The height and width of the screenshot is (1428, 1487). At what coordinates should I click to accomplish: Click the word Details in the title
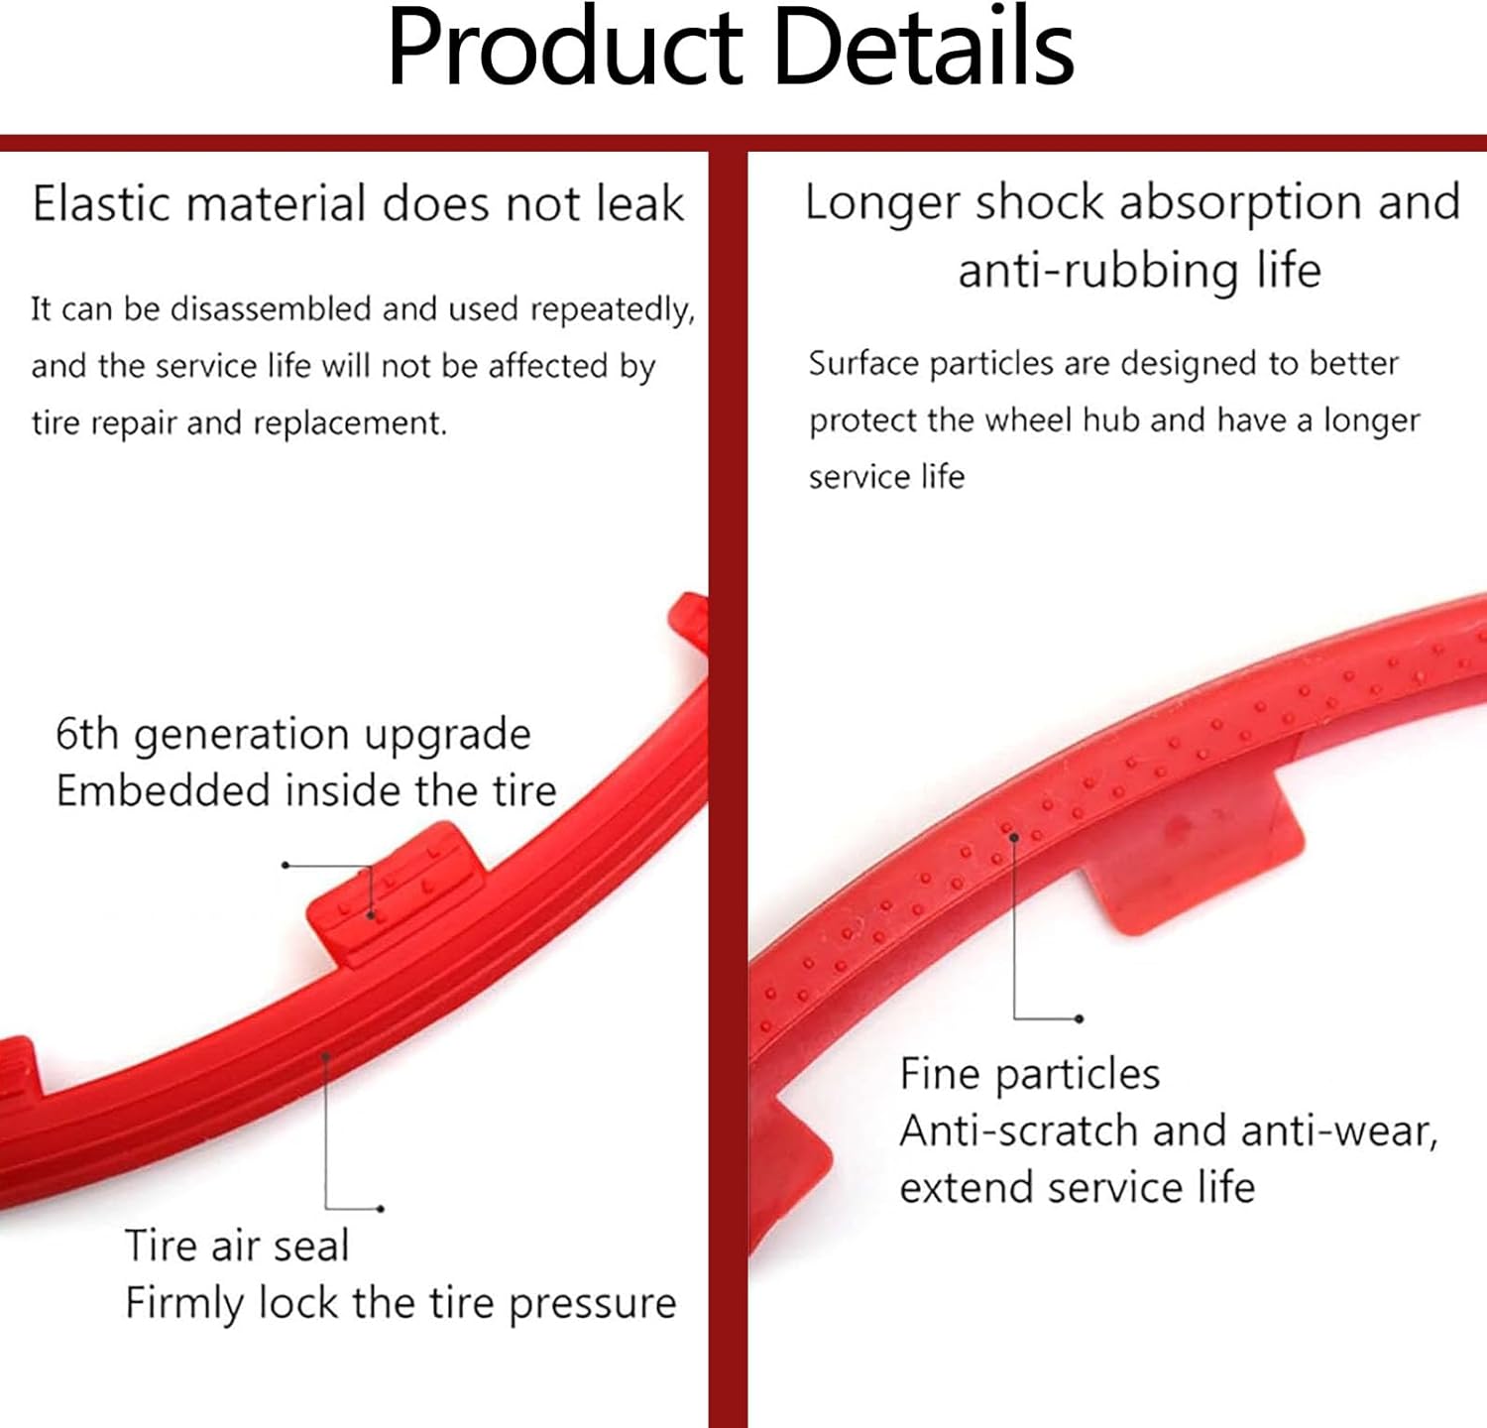click(923, 48)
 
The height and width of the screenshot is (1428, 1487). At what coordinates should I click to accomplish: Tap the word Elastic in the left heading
click(102, 204)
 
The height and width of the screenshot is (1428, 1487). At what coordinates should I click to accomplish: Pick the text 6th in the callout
click(87, 735)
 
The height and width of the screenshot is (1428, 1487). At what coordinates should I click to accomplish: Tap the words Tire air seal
click(237, 1247)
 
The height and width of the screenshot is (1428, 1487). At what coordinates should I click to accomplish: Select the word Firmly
click(183, 1303)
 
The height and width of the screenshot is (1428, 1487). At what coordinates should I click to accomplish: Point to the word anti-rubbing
click(1097, 271)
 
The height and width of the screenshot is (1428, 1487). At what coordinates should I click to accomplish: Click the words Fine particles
click(1029, 1074)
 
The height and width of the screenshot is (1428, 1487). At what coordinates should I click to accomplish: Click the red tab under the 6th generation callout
click(395, 892)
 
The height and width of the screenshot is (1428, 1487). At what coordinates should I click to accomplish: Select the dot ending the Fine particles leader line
click(1079, 1018)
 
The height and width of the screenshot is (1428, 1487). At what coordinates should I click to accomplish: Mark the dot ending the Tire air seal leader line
click(381, 1209)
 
